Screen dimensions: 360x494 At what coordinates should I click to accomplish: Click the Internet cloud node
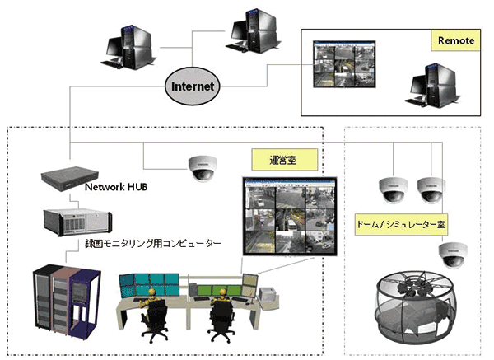[x=192, y=85]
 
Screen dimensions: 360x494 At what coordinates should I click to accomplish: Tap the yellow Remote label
[x=455, y=40]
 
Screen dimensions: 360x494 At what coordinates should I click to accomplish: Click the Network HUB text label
[x=117, y=187]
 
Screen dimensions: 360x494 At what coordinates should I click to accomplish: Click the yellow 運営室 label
[x=272, y=159]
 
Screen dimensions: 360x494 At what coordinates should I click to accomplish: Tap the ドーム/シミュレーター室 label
[x=406, y=225]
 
